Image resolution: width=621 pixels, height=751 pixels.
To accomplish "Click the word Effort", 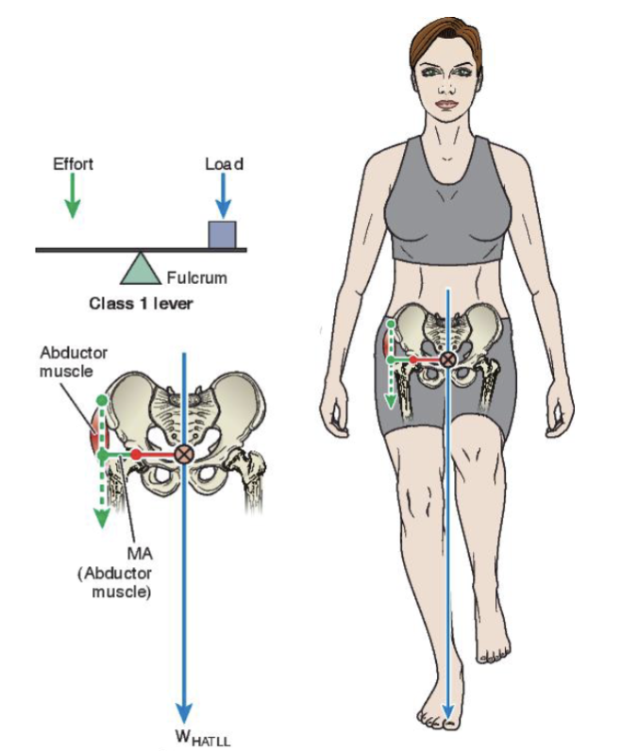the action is coord(73,164).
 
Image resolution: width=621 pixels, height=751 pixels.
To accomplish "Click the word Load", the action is coord(225,164).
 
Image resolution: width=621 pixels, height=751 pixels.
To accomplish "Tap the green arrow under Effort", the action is coord(73,195).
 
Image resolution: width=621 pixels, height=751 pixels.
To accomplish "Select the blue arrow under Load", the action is coord(223,195).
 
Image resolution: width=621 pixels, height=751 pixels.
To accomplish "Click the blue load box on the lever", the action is coord(222,235).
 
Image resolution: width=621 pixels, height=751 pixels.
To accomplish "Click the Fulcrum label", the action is coord(197,277).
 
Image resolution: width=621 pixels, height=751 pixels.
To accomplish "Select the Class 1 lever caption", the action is coord(141,303).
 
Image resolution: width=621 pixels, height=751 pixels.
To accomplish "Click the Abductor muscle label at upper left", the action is coord(74,361).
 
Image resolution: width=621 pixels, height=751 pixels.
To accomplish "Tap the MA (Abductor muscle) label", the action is coord(115,573).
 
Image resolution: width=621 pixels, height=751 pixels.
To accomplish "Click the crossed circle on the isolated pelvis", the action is coord(183,454).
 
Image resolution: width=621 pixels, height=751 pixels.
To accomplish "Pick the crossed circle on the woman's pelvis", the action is coord(448,359).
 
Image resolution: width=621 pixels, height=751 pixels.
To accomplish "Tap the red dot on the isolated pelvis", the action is coord(136,454).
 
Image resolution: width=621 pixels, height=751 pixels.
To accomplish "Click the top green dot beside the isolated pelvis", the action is coord(102,399).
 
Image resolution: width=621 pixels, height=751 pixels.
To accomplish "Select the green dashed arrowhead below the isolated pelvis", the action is coord(102,518).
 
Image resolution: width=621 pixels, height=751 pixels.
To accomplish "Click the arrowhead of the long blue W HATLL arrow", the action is coord(183,712).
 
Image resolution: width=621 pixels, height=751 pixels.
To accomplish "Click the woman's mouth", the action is coord(447,104).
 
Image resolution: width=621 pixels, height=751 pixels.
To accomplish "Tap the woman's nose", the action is coord(447,86).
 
